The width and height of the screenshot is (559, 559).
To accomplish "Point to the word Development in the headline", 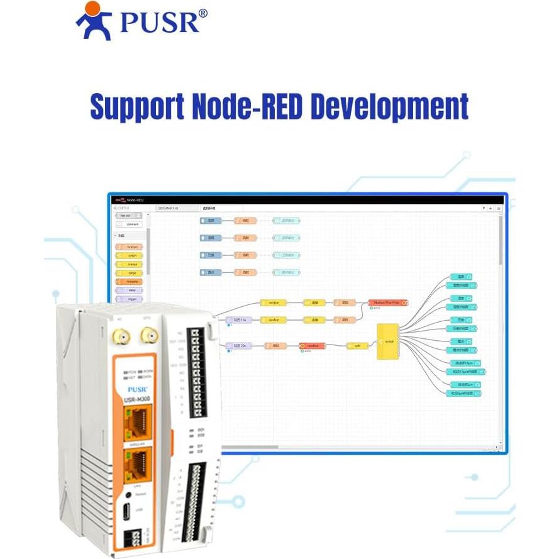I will pos(391,107).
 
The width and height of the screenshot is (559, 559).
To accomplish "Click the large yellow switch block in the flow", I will pos(388,341).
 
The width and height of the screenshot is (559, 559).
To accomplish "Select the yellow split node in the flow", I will pos(357,345).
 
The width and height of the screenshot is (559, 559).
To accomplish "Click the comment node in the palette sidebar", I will pos(130,224).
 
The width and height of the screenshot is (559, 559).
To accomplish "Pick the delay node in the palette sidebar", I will pos(131,291).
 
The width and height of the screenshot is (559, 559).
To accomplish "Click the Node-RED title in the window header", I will pos(136,200).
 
